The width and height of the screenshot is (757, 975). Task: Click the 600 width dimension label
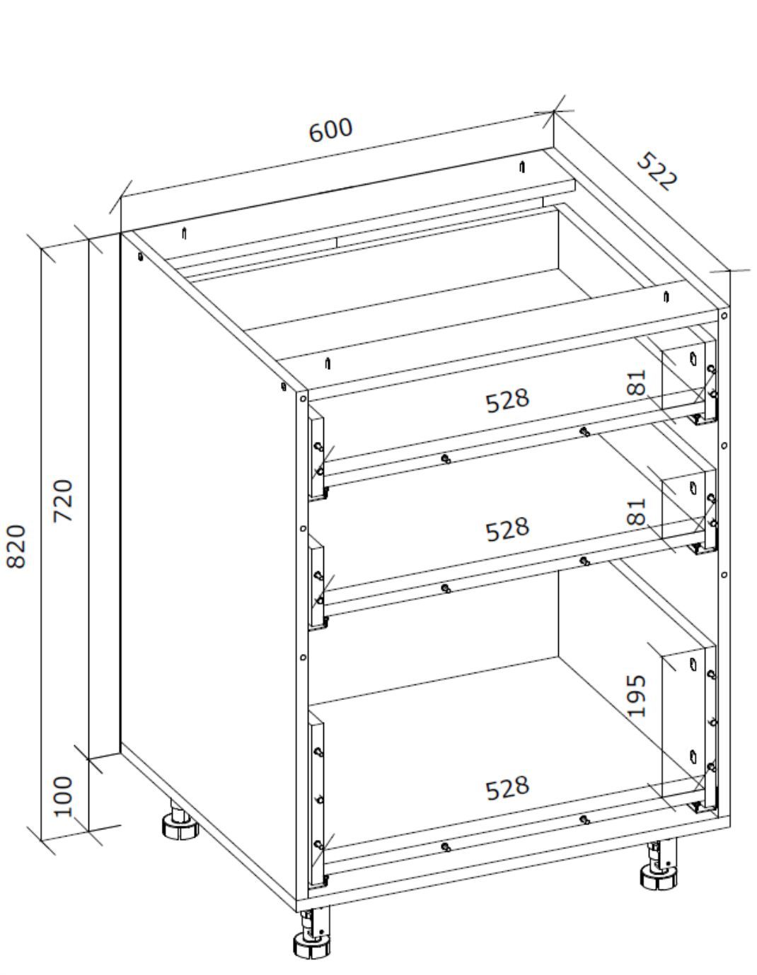coord(331,130)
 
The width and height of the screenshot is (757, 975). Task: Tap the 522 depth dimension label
coord(657,171)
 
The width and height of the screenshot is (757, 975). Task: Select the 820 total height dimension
coord(16,546)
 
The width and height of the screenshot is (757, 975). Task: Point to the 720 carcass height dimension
coord(63,501)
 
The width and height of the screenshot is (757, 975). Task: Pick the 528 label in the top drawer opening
coord(508,400)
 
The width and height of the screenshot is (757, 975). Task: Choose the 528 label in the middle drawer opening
coord(508,530)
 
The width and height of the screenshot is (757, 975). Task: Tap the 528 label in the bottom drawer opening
coord(508,789)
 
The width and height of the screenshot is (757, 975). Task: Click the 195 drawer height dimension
coord(636,696)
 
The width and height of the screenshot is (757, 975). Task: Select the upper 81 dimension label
coord(636,383)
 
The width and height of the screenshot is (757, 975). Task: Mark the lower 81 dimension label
coord(636,511)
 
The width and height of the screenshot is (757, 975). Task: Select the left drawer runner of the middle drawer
coord(318,583)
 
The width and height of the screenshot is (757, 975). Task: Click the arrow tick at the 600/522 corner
coord(554,111)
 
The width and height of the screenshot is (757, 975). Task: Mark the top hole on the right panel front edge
coord(724,316)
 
